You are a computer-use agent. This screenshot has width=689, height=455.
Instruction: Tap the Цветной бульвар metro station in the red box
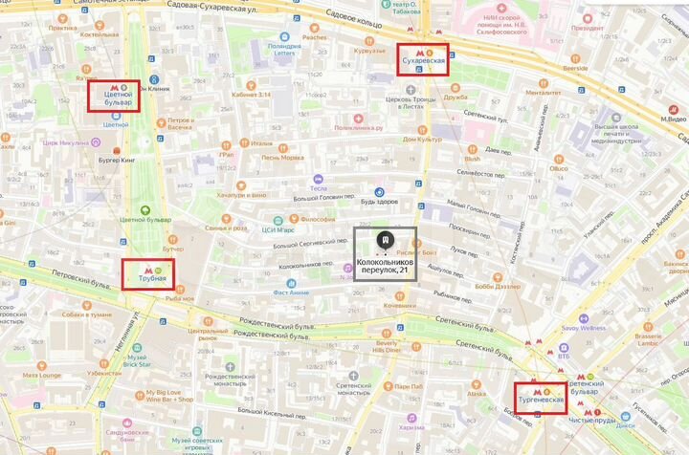114,97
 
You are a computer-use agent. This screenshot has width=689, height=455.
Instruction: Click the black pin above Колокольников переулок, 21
384,239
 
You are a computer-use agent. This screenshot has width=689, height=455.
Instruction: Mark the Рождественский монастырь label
226,378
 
